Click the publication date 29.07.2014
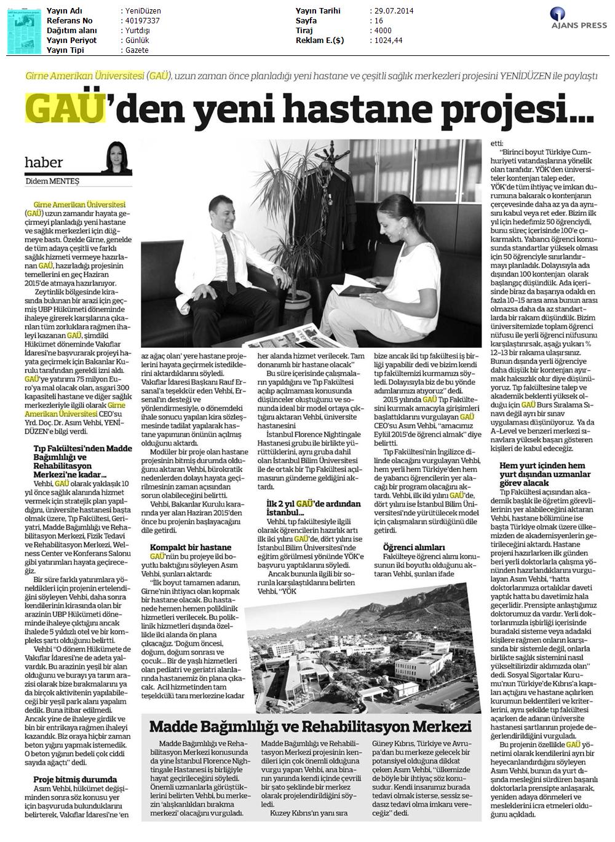[392, 11]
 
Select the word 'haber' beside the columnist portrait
[44, 162]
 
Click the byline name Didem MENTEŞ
[53, 181]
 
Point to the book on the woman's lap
[363, 283]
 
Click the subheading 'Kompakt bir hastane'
[191, 547]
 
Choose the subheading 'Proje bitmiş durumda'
[74, 779]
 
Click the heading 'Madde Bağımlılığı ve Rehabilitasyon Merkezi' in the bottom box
[311, 726]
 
